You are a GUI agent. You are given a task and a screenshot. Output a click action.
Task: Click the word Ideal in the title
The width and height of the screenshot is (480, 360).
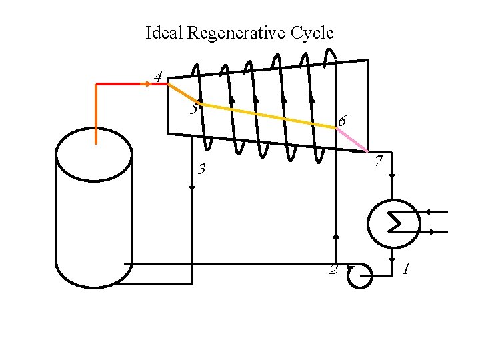[x=163, y=33]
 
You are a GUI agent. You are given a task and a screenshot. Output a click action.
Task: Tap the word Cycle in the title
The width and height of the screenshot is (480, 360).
[x=312, y=33]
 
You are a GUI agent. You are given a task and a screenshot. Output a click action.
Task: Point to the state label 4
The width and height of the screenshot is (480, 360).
[x=157, y=77]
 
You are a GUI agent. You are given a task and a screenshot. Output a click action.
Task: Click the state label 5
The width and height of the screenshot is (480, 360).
[x=193, y=108]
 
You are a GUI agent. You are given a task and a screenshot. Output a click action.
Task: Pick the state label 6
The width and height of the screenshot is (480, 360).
[x=341, y=121]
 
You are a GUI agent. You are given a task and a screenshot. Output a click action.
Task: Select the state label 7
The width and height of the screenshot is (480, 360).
[x=378, y=161]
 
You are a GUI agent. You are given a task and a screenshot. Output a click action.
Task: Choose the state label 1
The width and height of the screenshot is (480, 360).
[x=406, y=269]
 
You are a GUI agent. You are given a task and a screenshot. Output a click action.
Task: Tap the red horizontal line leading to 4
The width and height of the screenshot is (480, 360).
[x=123, y=84]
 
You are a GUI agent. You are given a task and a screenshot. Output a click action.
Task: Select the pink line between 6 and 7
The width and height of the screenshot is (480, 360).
[x=353, y=140]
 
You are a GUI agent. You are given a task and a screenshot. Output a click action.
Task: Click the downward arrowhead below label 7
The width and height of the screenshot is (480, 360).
[x=393, y=178]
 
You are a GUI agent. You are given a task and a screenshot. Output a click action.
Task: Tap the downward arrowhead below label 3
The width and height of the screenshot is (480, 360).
[x=192, y=189]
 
